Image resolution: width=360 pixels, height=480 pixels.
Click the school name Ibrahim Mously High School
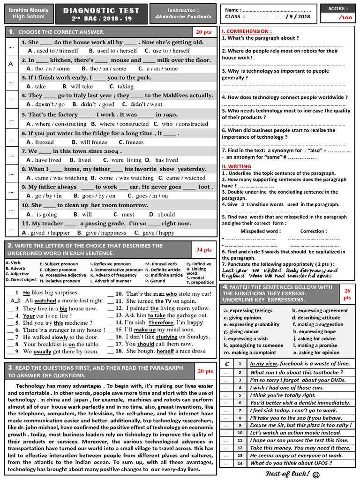29,14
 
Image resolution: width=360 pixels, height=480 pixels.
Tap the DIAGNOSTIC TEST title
102,10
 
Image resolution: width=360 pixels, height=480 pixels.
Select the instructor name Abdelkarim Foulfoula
183,16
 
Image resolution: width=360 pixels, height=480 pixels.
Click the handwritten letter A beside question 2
10,64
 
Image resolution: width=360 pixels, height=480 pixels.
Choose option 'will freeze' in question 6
93,142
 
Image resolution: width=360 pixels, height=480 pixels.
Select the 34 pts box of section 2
204,250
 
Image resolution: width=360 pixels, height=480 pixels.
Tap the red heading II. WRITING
236,166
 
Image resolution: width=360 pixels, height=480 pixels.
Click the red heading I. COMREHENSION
246,31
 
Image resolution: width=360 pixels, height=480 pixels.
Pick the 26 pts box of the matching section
347,294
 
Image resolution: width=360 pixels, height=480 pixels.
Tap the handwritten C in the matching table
227,364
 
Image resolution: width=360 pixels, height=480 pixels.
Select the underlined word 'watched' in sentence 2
45,300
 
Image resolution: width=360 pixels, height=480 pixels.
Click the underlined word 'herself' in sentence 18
165,351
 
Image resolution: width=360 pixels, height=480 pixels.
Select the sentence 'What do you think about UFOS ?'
291,463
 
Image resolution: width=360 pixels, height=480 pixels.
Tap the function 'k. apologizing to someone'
254,345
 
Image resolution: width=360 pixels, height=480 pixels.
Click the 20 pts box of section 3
205,371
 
